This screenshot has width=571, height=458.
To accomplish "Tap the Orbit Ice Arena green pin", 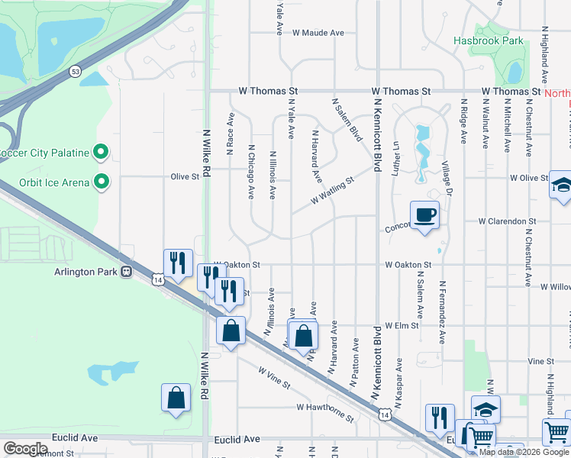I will point(101,182).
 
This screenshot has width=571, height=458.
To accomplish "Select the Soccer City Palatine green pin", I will point(101,153).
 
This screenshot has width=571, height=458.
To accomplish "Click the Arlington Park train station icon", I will point(127,271).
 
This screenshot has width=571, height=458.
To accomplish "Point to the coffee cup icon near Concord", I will point(424,214).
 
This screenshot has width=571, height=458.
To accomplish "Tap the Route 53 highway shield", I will point(74,71).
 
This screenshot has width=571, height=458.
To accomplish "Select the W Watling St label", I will point(334,192).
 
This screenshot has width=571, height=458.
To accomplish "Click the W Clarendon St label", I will point(507,221).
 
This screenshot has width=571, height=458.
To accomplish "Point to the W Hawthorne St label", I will point(325,412).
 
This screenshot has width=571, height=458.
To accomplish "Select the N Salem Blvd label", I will point(346,119).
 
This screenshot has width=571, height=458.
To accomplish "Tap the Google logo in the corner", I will point(25,449).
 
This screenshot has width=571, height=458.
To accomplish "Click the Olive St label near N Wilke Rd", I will point(185,176).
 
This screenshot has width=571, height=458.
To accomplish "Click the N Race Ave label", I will point(230,130).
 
